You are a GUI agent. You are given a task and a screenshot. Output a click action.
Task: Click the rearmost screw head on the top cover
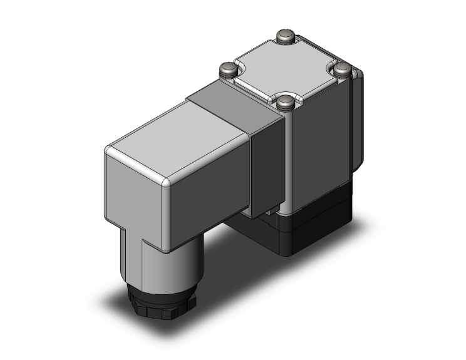click(x=286, y=36)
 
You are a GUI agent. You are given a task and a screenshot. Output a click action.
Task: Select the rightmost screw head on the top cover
click(x=341, y=68)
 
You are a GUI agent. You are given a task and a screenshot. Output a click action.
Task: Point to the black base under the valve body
click(x=313, y=225)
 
